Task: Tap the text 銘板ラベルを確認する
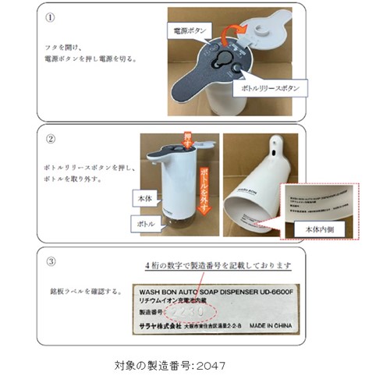pyautogui.click(x=82, y=292)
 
